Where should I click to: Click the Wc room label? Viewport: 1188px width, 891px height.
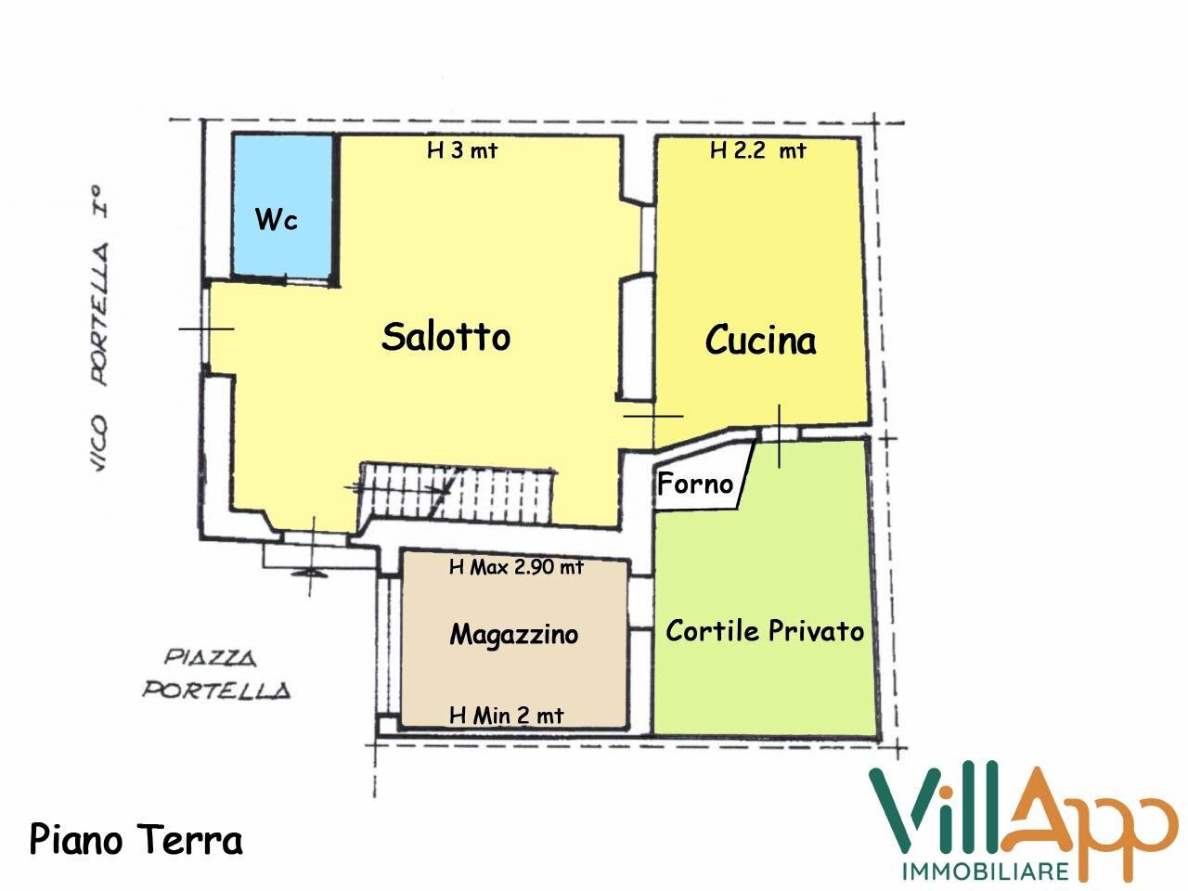[277, 221]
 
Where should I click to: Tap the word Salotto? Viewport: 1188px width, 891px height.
[445, 336]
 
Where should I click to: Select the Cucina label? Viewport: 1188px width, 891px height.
[760, 341]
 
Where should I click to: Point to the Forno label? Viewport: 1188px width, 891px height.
[694, 484]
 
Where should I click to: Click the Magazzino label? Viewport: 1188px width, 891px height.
[513, 635]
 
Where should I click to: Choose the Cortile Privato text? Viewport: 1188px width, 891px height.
[765, 631]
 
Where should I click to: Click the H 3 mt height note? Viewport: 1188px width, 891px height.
[461, 151]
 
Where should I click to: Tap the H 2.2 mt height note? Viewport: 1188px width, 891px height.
[757, 151]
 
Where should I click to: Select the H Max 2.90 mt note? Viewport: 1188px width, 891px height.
[515, 567]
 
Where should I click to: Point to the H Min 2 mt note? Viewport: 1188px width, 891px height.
[506, 716]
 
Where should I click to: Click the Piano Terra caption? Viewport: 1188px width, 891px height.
[136, 840]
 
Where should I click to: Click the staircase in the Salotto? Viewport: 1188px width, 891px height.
[455, 492]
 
